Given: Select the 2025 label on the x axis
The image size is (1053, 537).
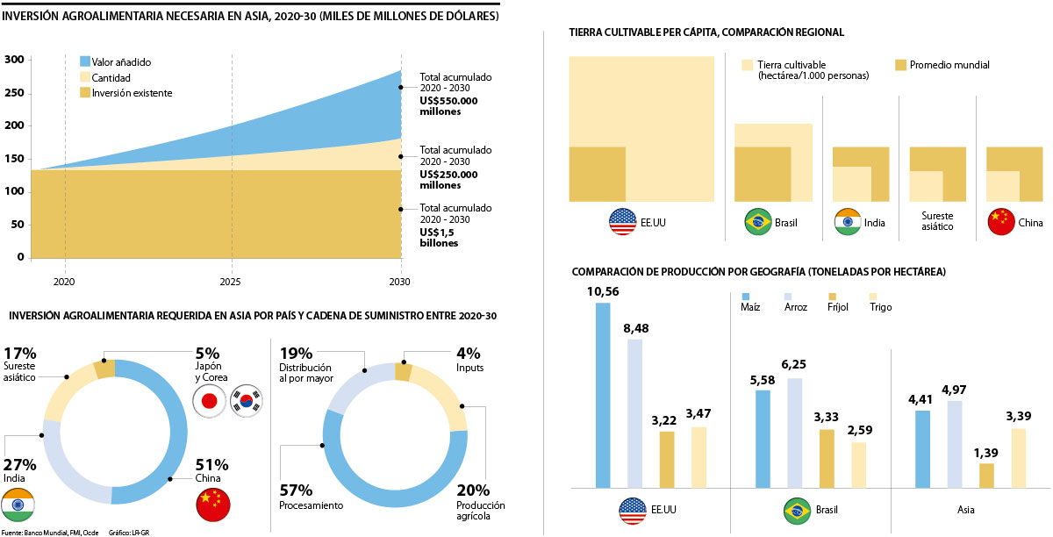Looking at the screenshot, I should (x=233, y=283).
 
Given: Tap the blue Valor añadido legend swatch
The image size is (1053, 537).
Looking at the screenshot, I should (x=85, y=62).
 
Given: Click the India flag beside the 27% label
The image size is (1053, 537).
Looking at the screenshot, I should (x=18, y=505).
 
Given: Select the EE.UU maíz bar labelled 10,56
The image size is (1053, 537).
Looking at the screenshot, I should (x=603, y=395).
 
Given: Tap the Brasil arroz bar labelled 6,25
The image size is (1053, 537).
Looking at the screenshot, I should (x=795, y=433).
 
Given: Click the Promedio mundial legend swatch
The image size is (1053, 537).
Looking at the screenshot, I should (x=900, y=65).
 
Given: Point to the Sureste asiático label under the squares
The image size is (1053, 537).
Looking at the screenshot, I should (x=938, y=221).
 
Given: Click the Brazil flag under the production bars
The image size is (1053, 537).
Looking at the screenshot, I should (x=796, y=510).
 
